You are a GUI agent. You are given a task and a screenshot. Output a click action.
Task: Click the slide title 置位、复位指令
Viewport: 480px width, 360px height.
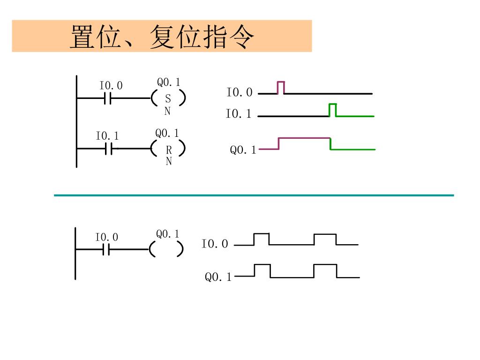click(x=162, y=36)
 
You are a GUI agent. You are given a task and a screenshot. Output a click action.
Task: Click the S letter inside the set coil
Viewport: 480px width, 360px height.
click(x=168, y=99)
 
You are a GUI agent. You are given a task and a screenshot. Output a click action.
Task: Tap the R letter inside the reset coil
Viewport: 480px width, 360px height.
click(x=169, y=150)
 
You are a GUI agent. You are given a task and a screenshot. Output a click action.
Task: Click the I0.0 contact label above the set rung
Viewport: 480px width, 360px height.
click(x=111, y=86)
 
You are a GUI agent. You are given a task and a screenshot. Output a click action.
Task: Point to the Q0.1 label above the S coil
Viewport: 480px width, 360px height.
click(x=168, y=82)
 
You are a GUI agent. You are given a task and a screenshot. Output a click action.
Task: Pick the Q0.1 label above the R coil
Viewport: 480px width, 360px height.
click(x=167, y=134)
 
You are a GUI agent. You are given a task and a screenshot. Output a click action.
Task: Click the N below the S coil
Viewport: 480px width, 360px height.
click(x=167, y=111)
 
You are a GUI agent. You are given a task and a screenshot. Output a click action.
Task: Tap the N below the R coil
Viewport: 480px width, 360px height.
click(x=169, y=161)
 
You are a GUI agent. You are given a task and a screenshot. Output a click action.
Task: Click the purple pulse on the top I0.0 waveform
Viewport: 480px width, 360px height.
click(x=281, y=87)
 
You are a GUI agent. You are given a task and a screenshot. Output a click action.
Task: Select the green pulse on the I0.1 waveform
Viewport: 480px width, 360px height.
click(x=333, y=110)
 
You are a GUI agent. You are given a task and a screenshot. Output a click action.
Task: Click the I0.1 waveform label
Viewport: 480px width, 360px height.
click(x=238, y=114)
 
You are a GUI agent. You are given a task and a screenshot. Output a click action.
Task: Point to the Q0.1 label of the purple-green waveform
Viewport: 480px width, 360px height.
click(x=243, y=150)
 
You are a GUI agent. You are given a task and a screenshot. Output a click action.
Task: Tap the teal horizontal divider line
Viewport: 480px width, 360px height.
click(x=254, y=195)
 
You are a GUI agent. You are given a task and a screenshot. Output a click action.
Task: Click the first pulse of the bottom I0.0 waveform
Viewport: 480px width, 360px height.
click(x=262, y=239)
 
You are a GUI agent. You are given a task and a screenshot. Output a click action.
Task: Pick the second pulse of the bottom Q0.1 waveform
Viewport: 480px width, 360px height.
click(x=325, y=271)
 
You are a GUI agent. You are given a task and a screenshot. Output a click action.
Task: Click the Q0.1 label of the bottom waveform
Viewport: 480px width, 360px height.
click(x=218, y=277)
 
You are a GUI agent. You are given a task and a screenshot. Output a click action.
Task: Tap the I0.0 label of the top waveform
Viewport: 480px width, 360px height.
click(x=239, y=93)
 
